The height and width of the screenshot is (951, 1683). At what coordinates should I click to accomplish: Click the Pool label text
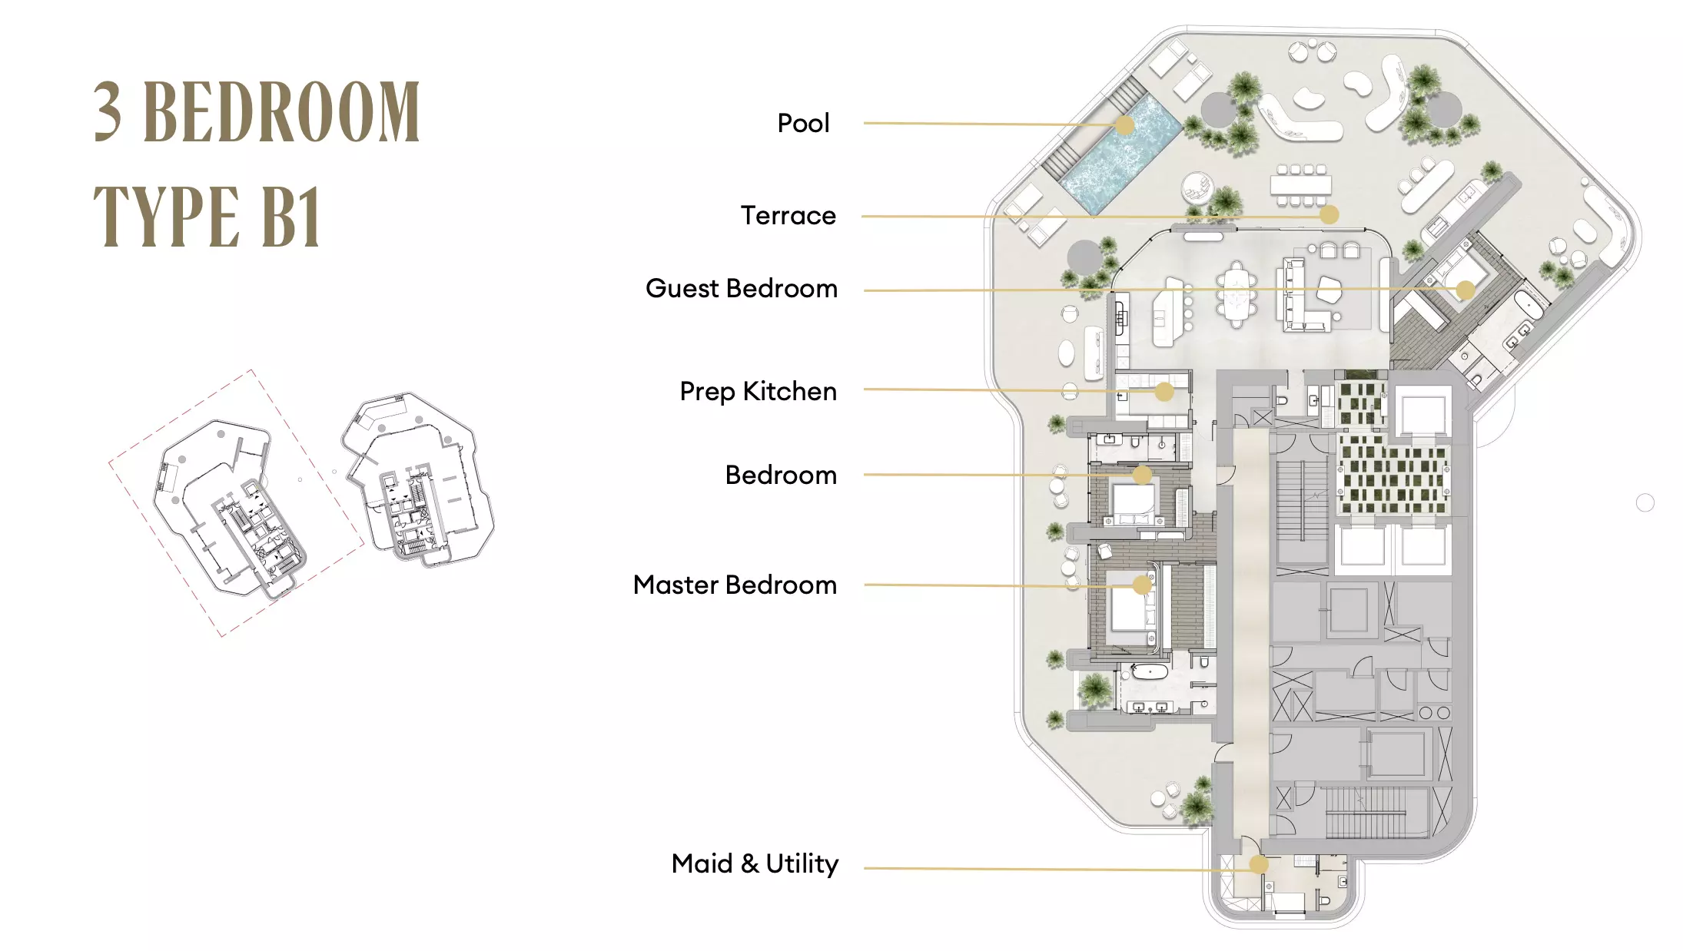coord(803,123)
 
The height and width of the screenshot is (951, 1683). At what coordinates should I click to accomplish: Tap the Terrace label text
coord(788,215)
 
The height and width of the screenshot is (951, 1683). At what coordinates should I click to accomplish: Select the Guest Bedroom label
coord(741,288)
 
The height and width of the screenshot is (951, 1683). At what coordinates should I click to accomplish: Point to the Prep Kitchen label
coord(758,391)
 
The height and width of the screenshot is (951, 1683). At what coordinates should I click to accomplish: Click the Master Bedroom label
coord(735,585)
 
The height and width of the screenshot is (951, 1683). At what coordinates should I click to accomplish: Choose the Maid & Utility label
coord(755,863)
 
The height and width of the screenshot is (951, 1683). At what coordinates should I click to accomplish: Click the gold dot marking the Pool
coord(1124,125)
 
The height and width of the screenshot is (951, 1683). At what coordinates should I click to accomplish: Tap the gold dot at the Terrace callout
coord(1329,215)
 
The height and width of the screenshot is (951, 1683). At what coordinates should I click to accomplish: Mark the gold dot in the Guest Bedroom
coord(1465,290)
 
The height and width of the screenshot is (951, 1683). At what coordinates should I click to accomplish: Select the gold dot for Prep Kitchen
coord(1164,392)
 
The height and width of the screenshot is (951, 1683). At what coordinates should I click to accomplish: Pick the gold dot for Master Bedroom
coord(1142,585)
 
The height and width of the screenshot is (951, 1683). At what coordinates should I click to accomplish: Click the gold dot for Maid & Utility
coord(1258,865)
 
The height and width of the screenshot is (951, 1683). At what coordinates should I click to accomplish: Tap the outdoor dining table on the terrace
coord(1300,185)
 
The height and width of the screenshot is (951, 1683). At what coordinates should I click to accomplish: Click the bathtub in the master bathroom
coord(1149,673)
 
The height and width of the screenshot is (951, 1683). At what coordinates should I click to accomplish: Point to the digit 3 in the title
coord(108,112)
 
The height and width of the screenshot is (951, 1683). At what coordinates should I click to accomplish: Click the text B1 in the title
coord(290,217)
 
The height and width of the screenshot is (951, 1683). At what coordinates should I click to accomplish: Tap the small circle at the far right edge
coord(1645,502)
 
